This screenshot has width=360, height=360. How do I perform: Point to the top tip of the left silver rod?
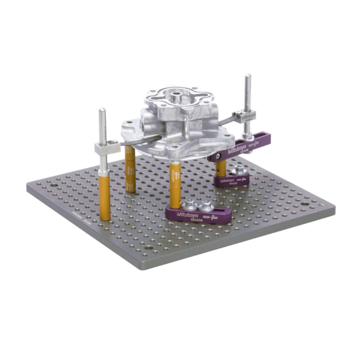point(102,111)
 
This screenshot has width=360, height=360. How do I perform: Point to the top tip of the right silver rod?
point(248,77)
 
